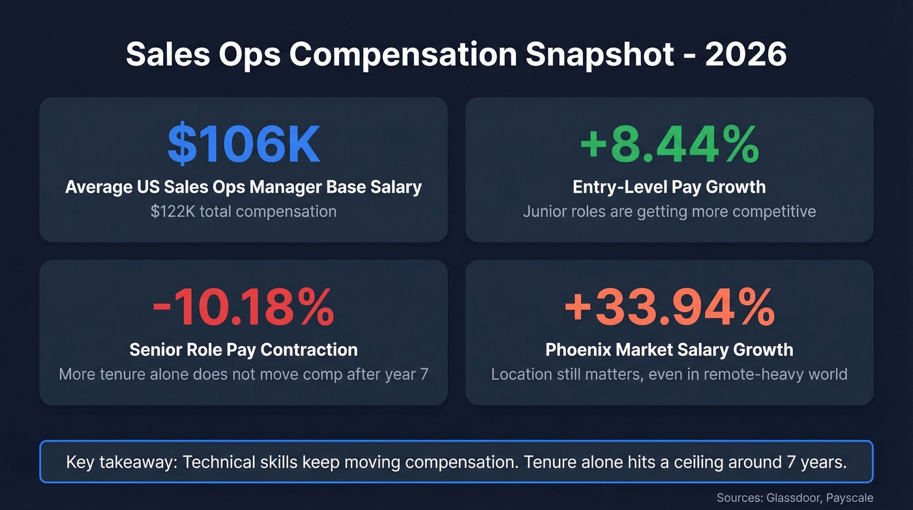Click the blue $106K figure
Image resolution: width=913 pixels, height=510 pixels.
(243, 144)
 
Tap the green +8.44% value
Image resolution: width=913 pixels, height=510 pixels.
(669, 144)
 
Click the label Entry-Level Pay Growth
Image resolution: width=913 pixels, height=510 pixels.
(669, 187)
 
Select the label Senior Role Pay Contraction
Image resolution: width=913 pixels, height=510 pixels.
(243, 350)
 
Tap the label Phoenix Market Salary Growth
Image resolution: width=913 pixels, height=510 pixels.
(669, 350)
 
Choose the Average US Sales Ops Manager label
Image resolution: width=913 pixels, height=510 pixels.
(243, 187)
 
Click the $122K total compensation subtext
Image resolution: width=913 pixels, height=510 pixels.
(243, 212)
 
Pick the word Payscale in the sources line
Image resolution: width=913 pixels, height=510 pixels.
(849, 498)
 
